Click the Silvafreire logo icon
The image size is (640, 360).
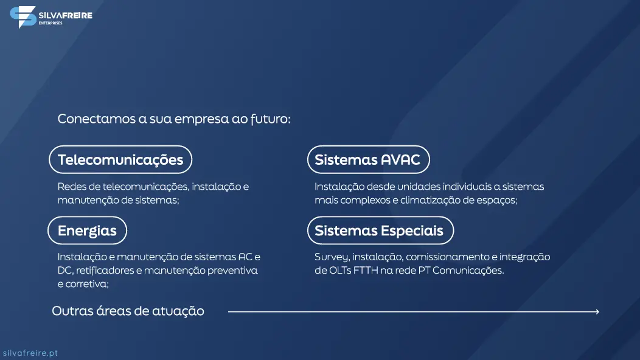tap(23, 17)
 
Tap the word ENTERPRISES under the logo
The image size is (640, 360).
tap(50, 23)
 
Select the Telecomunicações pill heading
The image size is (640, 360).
tap(120, 159)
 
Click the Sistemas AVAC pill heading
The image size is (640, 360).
tap(369, 159)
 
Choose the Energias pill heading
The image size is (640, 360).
tap(88, 230)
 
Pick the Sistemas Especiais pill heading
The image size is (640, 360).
tap(380, 230)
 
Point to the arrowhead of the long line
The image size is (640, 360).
tap(597, 312)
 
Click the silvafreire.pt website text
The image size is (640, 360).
tap(30, 353)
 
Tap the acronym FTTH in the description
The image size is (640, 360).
tap(366, 270)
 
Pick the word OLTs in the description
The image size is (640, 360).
tap(340, 270)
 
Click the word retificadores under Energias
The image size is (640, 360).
tap(105, 270)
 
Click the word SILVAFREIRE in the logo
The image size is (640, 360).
tap(65, 16)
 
